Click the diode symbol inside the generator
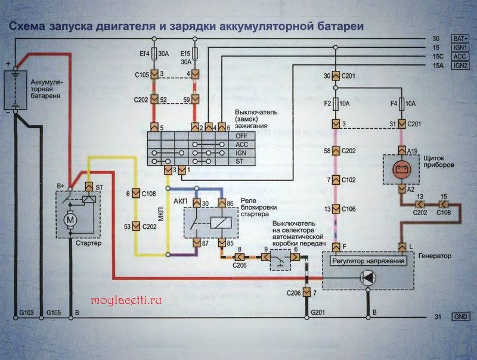coord(368,277)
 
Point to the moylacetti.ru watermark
coord(126,300)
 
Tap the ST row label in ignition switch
coord(241,161)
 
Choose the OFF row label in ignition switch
coord(241,136)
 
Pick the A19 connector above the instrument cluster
coord(402,149)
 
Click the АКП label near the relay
coord(181,201)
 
